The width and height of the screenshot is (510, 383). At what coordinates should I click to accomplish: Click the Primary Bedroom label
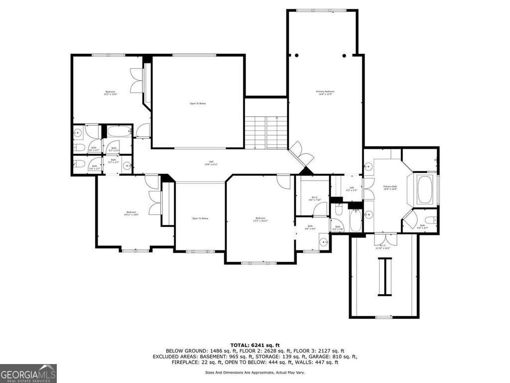(325, 93)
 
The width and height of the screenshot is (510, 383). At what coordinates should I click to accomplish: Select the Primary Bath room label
(390, 188)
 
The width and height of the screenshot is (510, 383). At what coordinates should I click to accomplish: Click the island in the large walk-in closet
(384, 277)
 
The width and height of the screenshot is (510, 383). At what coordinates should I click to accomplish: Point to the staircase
(266, 132)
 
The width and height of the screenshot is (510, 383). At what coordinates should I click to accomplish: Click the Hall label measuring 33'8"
(197, 163)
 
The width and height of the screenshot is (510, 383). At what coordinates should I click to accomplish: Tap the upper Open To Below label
(198, 103)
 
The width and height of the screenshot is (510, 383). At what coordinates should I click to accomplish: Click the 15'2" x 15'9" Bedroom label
(110, 93)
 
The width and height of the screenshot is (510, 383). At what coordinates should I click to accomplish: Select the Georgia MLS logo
(28, 373)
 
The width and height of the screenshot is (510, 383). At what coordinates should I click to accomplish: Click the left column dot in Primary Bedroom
(296, 55)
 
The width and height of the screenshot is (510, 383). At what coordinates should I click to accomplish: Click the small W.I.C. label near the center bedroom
(315, 198)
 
